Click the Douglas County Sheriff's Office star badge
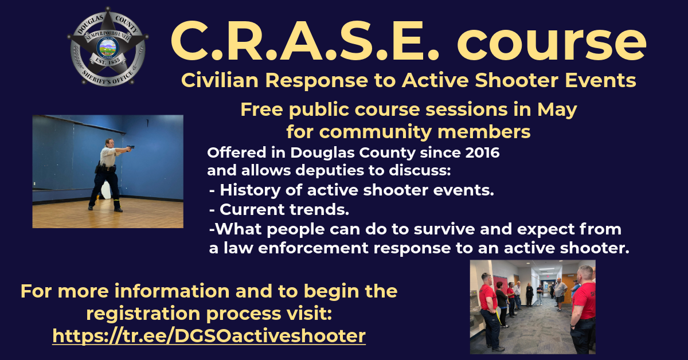pyautogui.click(x=108, y=46)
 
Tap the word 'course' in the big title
pyautogui.click(x=552, y=42)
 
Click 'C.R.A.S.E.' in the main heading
pyautogui.click(x=305, y=41)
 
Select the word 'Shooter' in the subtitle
pyautogui.click(x=517, y=80)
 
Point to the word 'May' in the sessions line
pyautogui.click(x=557, y=110)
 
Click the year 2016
pyautogui.click(x=482, y=152)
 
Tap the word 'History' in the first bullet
pyautogui.click(x=250, y=190)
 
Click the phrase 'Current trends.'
pyautogui.click(x=284, y=209)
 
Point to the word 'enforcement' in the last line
pyautogui.click(x=313, y=248)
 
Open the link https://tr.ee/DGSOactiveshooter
pyautogui.click(x=209, y=336)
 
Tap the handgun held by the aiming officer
pyautogui.click(x=131, y=148)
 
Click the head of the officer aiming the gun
pyautogui.click(x=110, y=143)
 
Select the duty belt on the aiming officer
pyautogui.click(x=106, y=169)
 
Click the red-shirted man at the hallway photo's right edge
pyautogui.click(x=583, y=309)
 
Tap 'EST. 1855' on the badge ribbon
pyautogui.click(x=108, y=61)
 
